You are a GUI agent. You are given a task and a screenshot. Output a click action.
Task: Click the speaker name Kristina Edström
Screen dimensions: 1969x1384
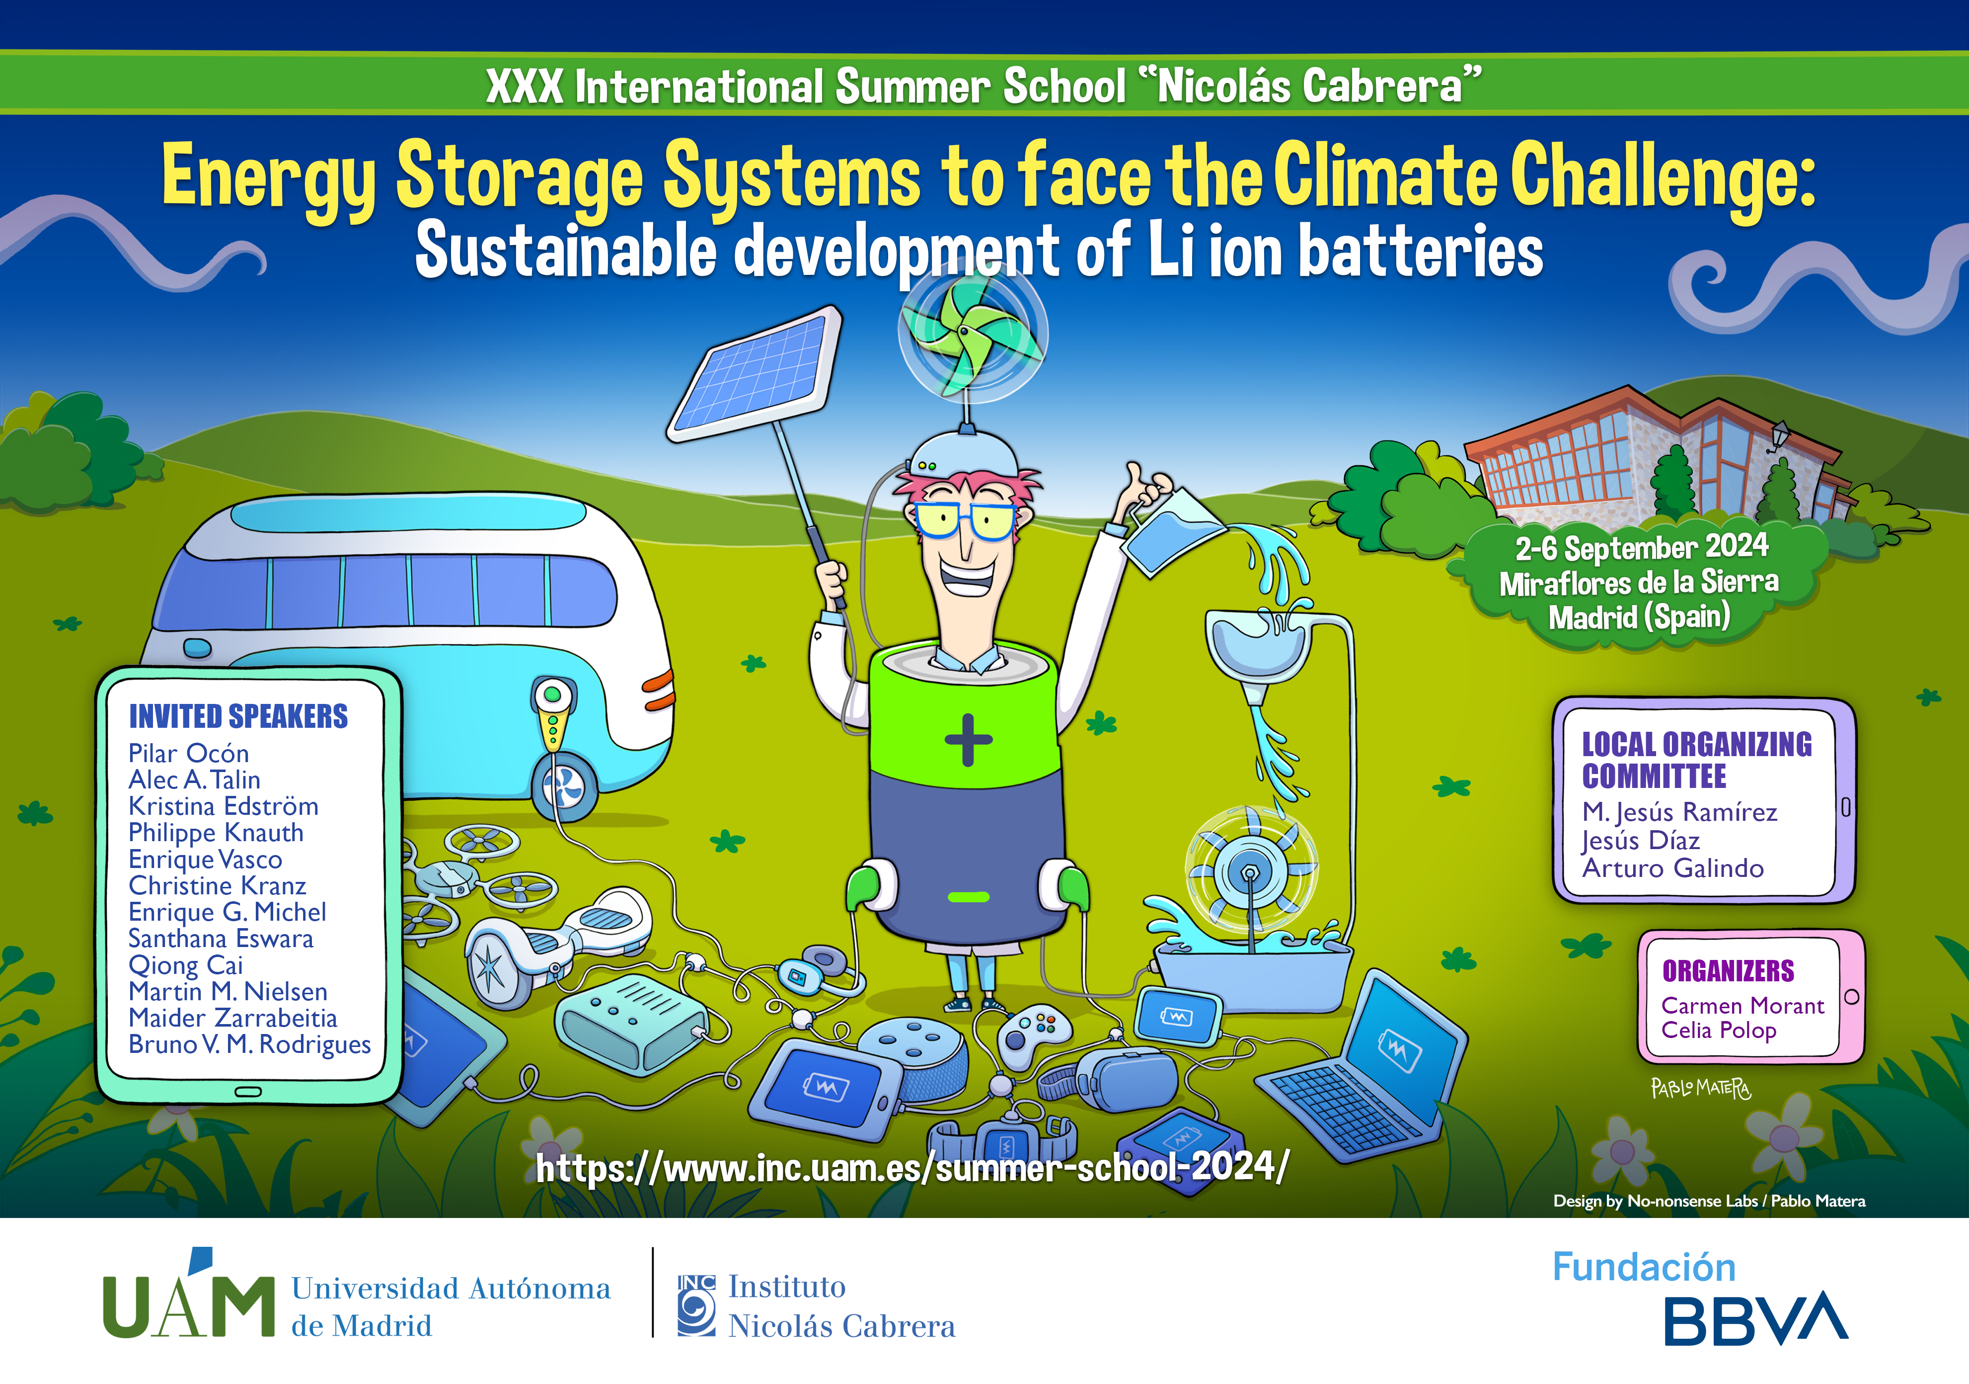223,806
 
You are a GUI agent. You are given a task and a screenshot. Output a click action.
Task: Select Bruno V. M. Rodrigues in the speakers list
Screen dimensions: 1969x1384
249,1044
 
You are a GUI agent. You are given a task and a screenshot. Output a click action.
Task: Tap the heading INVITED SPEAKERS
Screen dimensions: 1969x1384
238,716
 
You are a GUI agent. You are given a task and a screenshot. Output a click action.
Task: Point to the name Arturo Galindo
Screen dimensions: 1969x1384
1673,868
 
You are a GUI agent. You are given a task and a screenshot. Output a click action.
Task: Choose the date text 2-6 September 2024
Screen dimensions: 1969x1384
1641,546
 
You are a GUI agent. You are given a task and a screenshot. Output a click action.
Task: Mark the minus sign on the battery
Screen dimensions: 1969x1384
969,897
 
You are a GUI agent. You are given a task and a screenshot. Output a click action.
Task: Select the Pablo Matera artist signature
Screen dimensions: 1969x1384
1701,1088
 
